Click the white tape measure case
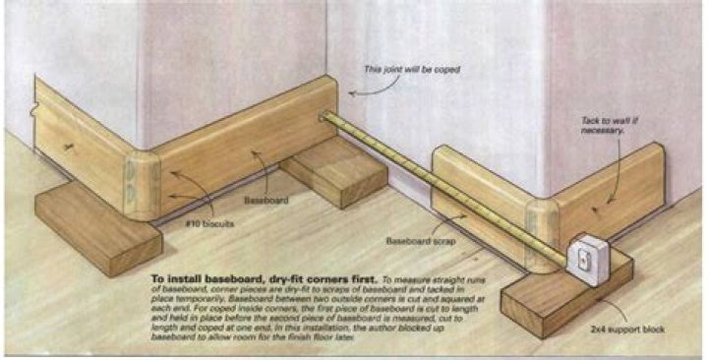point(591,259)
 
